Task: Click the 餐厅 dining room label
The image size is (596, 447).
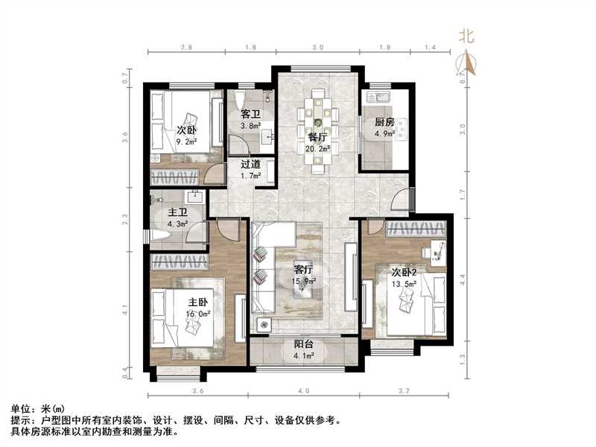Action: point(317,137)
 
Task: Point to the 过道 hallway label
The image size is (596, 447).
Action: point(250,165)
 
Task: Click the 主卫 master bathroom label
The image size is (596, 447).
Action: point(176,211)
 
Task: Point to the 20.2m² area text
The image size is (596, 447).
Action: point(318,148)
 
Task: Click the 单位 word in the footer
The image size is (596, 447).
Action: point(21,409)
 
